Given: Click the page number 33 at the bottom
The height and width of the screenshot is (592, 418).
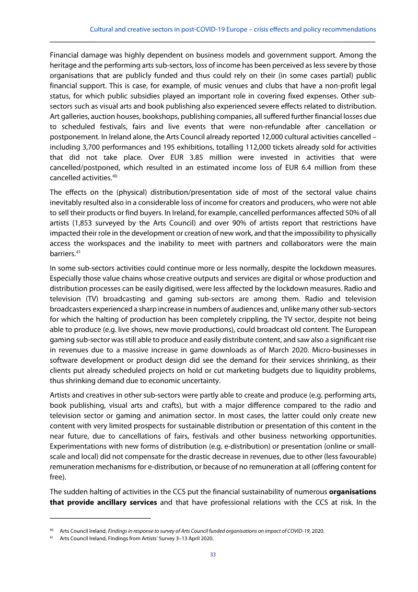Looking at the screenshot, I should [213, 554].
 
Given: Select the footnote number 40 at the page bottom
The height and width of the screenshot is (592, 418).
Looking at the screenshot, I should [52, 530].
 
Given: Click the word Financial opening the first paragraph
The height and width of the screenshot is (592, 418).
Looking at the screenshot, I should [65, 54].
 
